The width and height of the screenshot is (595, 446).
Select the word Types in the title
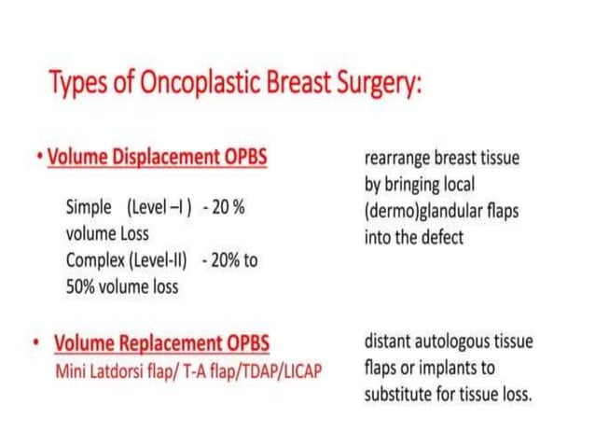(76, 86)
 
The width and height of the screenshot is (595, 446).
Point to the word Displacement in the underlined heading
(164, 156)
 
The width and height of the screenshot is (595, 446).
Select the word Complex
(95, 259)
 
